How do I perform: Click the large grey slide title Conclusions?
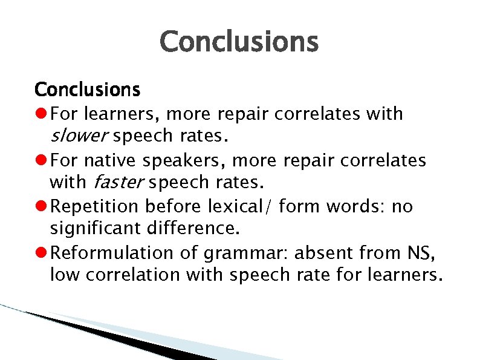239,42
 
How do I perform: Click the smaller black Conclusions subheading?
87,90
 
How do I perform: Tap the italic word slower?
79,136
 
